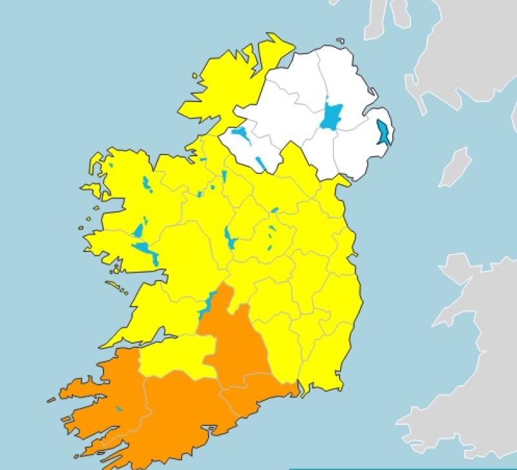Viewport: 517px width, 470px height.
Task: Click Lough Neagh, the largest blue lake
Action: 332,117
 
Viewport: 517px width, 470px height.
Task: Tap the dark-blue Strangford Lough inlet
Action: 383,132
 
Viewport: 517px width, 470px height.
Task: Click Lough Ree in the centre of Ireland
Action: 229,238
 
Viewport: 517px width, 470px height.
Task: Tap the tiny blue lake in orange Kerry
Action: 119,409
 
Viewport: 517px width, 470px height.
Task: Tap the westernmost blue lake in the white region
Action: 240,135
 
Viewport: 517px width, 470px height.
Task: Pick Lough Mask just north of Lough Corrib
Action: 139,230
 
